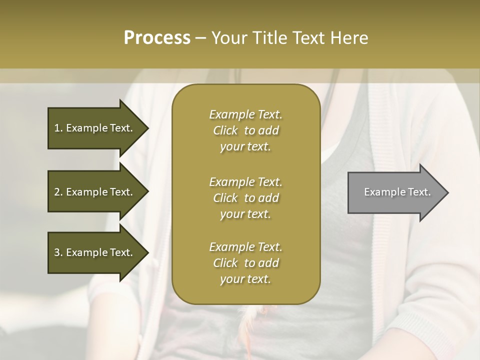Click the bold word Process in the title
click(x=157, y=38)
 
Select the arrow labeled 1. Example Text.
click(x=95, y=128)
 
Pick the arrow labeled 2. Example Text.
click(x=95, y=192)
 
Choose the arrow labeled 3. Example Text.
click(x=95, y=252)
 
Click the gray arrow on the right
click(x=395, y=192)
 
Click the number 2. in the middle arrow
click(x=58, y=192)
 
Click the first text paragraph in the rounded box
click(x=245, y=130)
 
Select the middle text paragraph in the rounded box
click(x=245, y=198)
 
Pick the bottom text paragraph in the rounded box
click(x=245, y=263)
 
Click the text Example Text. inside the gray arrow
click(x=397, y=192)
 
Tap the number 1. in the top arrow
click(x=58, y=128)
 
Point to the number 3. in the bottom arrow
click(x=58, y=252)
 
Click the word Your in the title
click(x=227, y=38)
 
